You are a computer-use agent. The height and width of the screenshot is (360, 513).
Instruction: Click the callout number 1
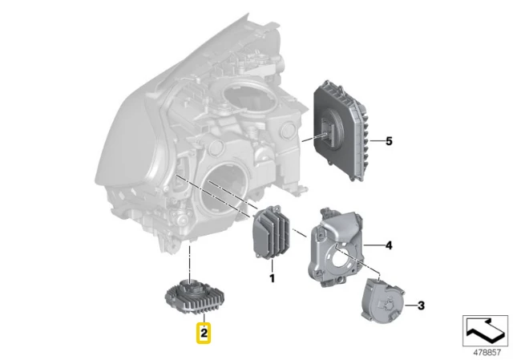click(272, 278)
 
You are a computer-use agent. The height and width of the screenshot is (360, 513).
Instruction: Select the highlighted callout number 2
click(204, 334)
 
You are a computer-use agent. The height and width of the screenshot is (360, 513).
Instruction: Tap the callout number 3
click(421, 305)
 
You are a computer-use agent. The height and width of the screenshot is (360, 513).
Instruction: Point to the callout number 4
click(389, 245)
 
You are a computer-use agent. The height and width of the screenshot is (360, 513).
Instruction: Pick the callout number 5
click(389, 141)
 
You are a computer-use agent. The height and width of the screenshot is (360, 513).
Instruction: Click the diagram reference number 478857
click(487, 353)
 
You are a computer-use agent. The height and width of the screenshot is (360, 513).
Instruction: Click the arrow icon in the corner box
click(485, 330)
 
